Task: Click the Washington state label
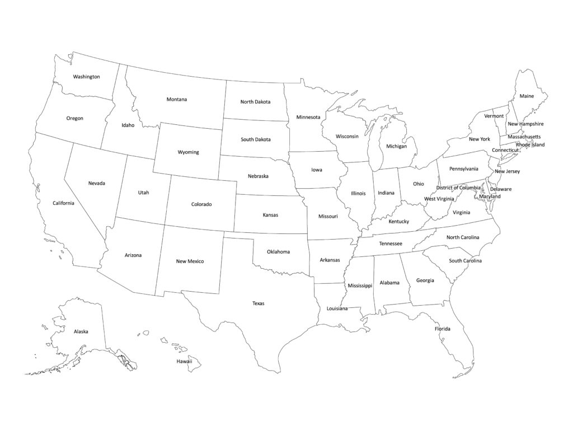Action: tap(87, 77)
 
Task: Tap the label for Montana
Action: tap(177, 100)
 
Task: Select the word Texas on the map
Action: tap(258, 303)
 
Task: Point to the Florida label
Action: tap(443, 329)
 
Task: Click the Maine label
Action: tap(527, 96)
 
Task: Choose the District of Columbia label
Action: tap(458, 188)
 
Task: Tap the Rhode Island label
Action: tap(530, 145)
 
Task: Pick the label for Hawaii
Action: tap(185, 361)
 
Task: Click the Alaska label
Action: tap(81, 331)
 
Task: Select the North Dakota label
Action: tap(255, 102)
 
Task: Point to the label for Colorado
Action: tap(201, 204)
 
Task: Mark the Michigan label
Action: tap(396, 146)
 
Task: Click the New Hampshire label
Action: tap(525, 124)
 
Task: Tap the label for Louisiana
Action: tap(337, 309)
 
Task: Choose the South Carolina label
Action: tap(465, 261)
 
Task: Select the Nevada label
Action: tap(96, 183)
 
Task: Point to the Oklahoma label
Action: tap(278, 252)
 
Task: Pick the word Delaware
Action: tap(501, 189)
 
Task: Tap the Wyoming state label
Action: tap(188, 152)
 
